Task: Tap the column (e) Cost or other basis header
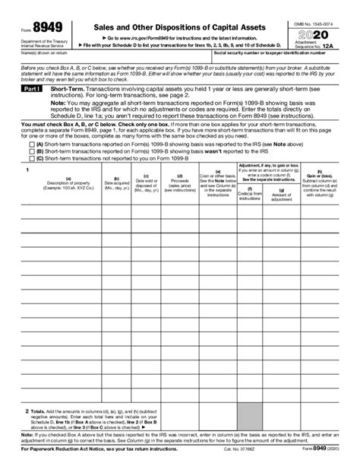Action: pos(218,204)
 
